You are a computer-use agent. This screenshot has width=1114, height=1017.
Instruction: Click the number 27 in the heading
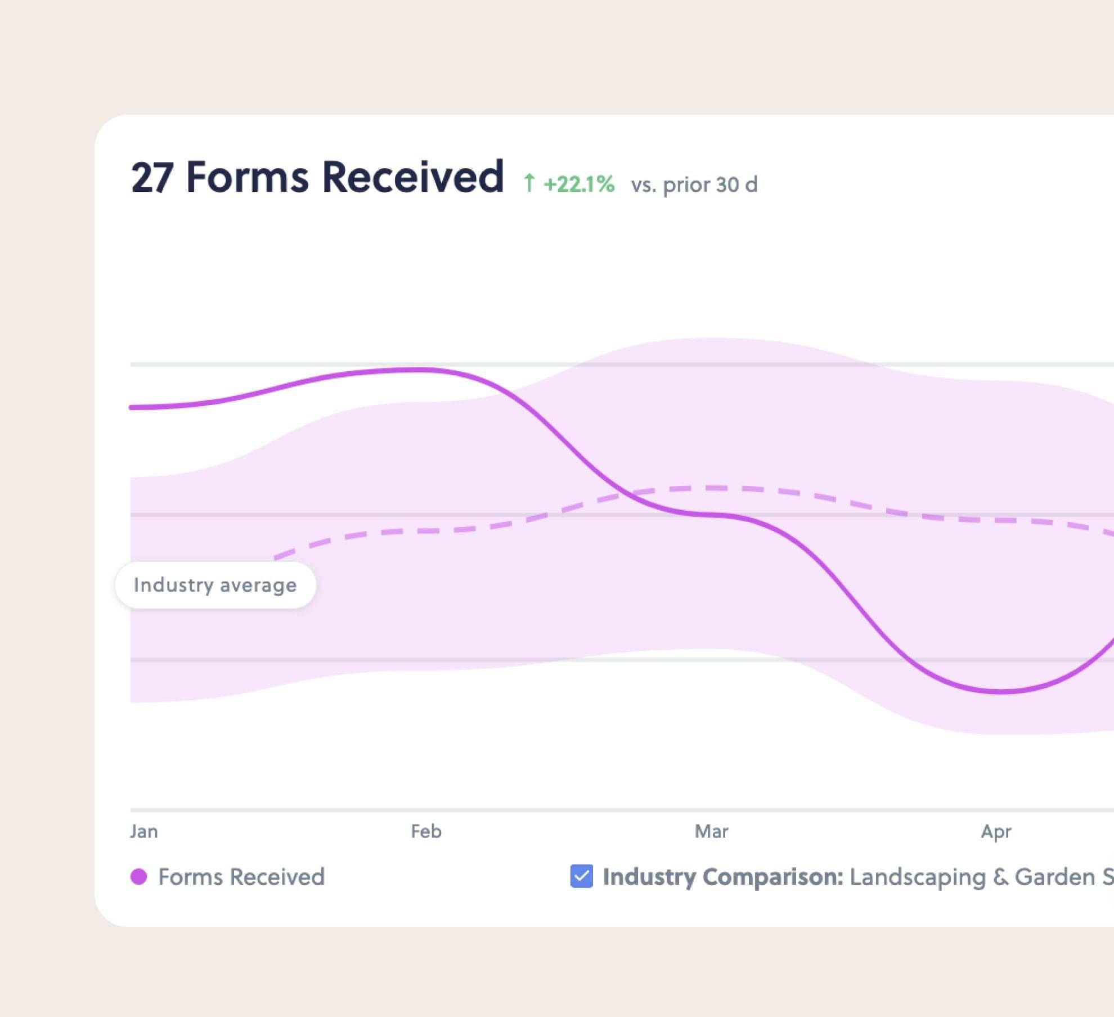point(151,178)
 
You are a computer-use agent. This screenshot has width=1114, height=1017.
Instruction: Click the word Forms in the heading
point(248,178)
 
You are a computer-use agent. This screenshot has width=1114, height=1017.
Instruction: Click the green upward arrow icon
point(529,183)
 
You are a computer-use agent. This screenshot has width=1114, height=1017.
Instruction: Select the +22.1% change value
point(579,184)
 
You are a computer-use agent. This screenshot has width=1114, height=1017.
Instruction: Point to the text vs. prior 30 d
point(694,184)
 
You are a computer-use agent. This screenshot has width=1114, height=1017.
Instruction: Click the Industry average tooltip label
point(215,585)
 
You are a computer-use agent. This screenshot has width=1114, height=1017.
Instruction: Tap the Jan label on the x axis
point(144,831)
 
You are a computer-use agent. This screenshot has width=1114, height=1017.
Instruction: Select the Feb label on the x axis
point(426,831)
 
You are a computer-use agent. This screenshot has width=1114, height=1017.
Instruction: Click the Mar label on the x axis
point(711,831)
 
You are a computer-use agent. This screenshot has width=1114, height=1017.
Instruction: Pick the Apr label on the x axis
point(996,831)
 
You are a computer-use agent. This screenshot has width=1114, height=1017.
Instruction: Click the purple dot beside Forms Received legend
point(138,876)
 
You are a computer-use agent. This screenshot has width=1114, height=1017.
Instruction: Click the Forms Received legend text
point(241,876)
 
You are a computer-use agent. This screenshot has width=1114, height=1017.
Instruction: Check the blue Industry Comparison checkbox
point(581,876)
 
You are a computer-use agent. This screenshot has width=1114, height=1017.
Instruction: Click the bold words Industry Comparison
point(723,876)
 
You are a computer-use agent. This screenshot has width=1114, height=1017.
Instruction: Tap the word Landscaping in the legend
point(917,876)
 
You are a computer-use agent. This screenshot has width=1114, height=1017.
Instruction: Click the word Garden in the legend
point(1054,876)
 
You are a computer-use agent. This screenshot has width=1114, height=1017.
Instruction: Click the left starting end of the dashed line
point(276,558)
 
